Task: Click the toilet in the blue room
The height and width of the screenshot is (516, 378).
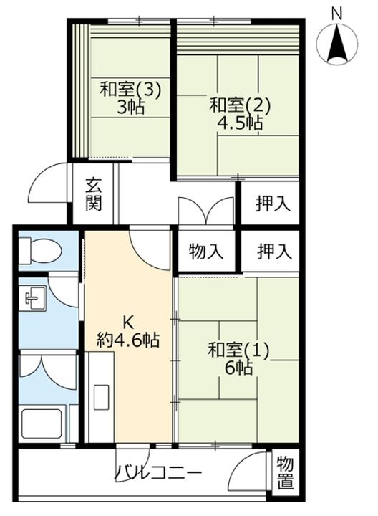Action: coord(40,251)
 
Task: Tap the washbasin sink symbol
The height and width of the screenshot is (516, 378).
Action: coord(32,297)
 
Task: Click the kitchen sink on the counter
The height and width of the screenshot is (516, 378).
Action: coord(102,396)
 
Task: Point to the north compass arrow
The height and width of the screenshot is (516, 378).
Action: coord(337,45)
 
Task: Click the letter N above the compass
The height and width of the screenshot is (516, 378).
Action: coord(336,14)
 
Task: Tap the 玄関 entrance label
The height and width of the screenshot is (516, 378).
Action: coord(94,195)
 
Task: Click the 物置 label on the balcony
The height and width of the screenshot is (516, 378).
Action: coord(285,473)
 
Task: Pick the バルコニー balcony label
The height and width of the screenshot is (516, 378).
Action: coord(157,473)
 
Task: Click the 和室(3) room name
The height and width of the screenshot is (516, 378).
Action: coord(131,90)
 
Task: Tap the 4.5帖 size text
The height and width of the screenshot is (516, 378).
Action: coord(240,123)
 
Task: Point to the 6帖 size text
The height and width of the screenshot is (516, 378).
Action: coord(239,368)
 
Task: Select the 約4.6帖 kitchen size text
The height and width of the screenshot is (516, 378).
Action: coord(128,340)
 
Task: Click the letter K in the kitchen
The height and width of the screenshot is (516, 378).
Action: coord(128,322)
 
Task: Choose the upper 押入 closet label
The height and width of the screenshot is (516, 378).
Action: coord(273,204)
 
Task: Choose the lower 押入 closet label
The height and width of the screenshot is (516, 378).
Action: coord(274,252)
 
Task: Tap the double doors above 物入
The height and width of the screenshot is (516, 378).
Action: coord(206,211)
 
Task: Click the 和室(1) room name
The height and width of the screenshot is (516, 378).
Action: coord(238,350)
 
